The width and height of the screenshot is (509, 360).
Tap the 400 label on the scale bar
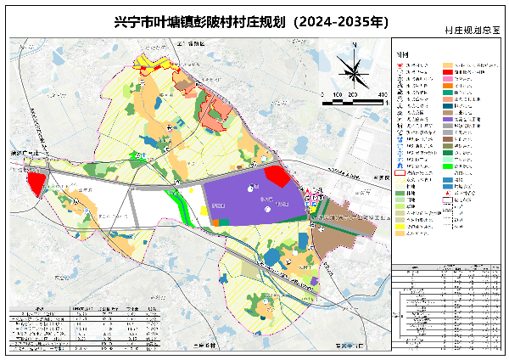(x=383, y=94)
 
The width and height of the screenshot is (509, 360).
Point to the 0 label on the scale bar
(x=322, y=94)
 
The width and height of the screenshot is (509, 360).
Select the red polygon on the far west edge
(x=36, y=183)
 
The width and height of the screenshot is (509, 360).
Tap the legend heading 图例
(x=402, y=53)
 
